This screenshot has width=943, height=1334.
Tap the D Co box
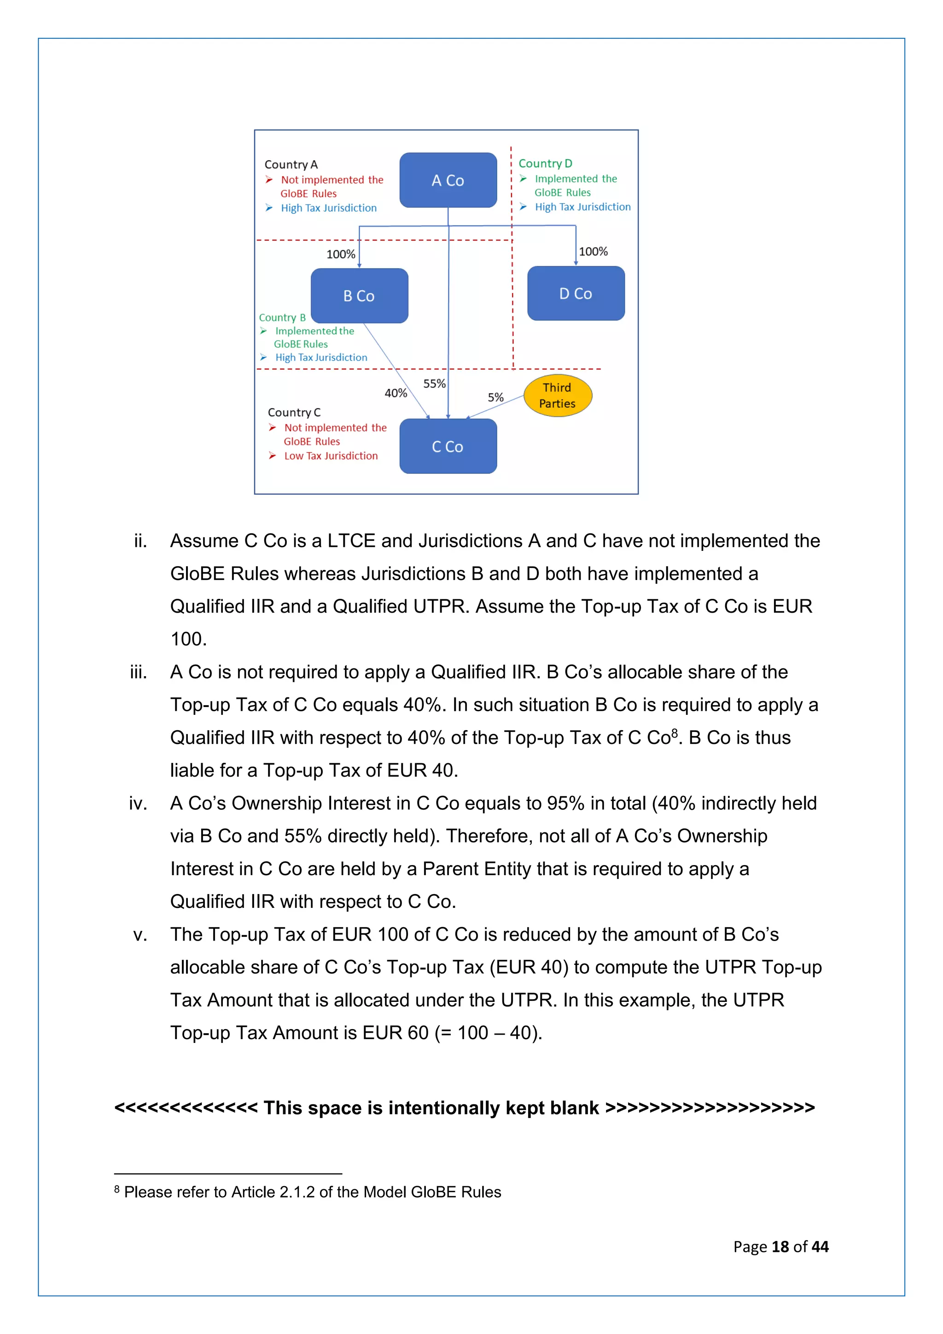(576, 293)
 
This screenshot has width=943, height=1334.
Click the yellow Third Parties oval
(558, 396)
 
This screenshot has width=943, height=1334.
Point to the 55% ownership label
(434, 383)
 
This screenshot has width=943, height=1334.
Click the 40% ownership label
(396, 393)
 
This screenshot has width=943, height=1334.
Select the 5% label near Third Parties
(495, 398)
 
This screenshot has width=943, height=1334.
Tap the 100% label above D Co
(594, 252)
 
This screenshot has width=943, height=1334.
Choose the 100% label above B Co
(341, 254)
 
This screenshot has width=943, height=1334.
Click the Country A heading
(291, 164)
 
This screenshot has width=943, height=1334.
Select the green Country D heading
(545, 163)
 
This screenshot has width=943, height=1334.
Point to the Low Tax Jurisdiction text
(331, 456)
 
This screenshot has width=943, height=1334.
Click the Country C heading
(294, 413)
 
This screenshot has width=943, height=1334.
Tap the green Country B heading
(282, 318)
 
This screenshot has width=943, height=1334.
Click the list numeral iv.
(138, 803)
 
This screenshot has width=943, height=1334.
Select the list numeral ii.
(140, 541)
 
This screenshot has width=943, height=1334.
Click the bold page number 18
(780, 1247)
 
